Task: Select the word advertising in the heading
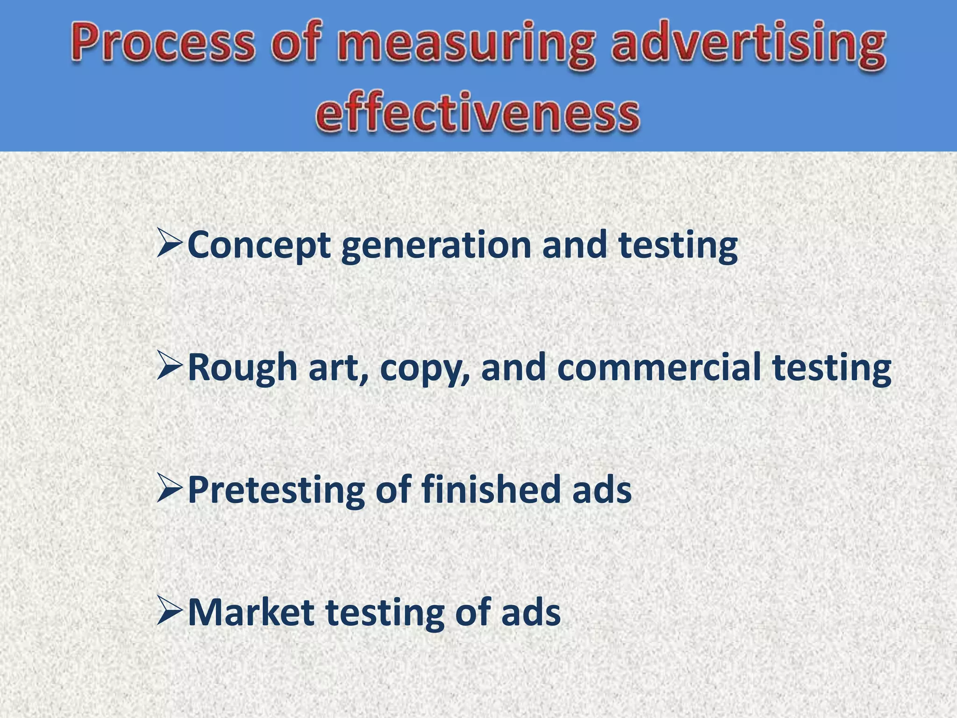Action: (748, 47)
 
